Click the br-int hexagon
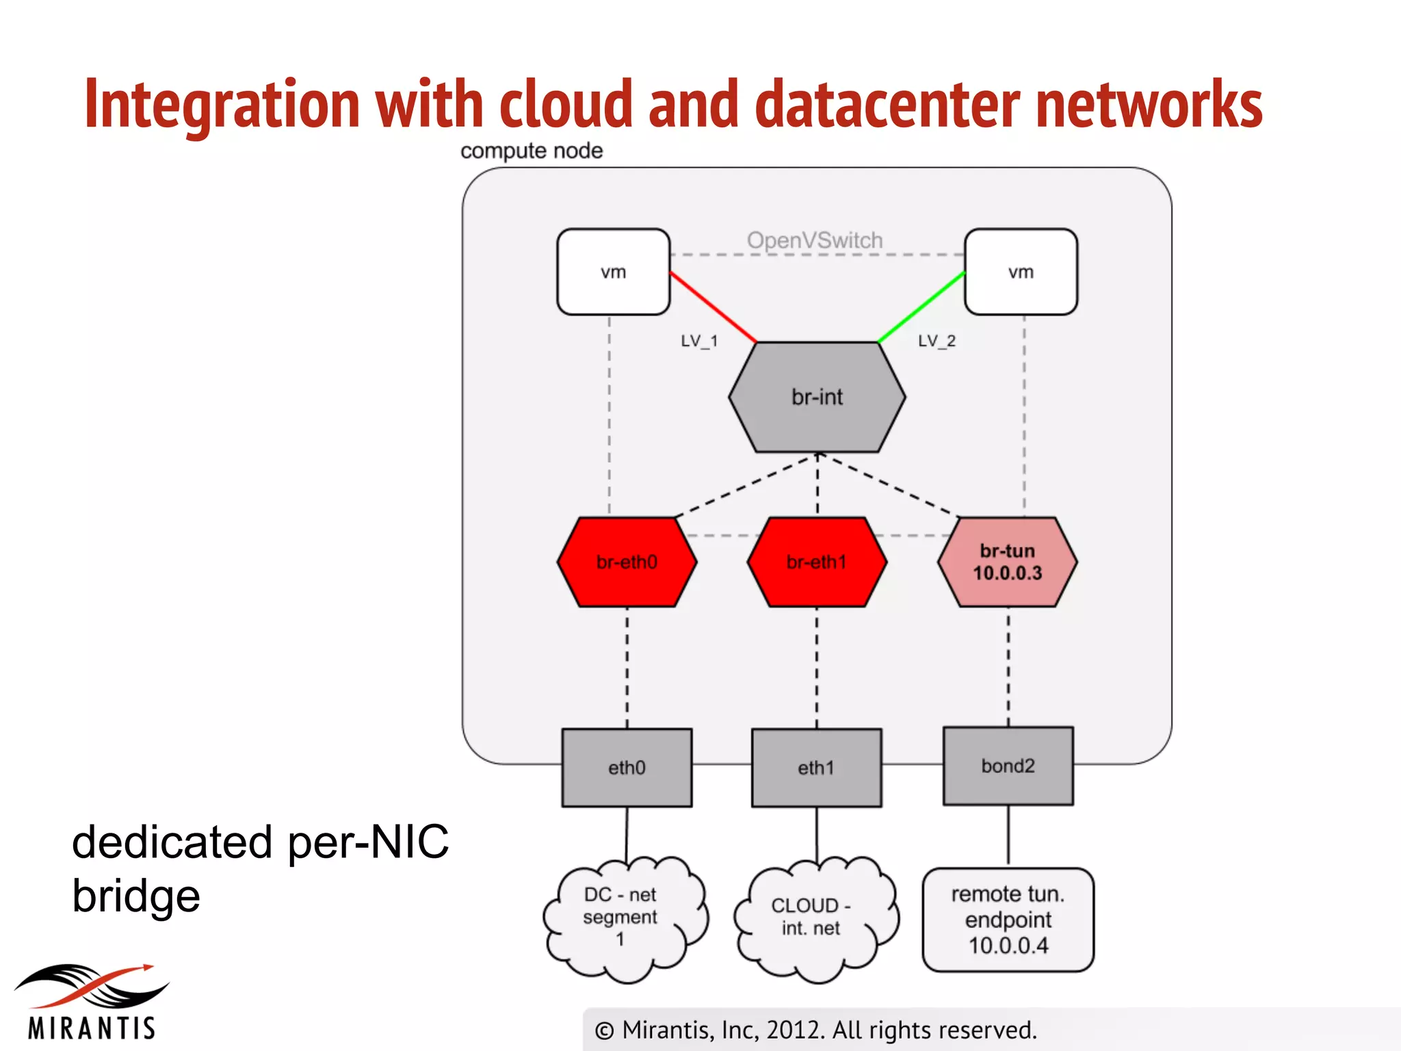tap(817, 398)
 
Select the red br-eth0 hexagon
tap(627, 562)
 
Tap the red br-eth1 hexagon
tap(817, 562)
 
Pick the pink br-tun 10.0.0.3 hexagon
tap(1007, 562)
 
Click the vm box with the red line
tap(613, 272)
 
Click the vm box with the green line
tap(1021, 272)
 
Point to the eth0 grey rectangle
tap(627, 768)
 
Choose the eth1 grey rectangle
tap(816, 768)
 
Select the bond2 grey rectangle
tap(1008, 766)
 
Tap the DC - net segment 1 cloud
tap(621, 917)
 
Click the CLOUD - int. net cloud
tap(811, 917)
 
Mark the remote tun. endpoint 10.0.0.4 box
tap(1008, 920)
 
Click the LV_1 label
tap(699, 341)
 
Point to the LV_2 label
tap(937, 341)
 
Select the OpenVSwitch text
tap(815, 240)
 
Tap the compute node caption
tap(532, 151)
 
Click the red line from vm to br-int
tap(713, 307)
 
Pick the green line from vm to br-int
tap(921, 307)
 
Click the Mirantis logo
tap(91, 1001)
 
